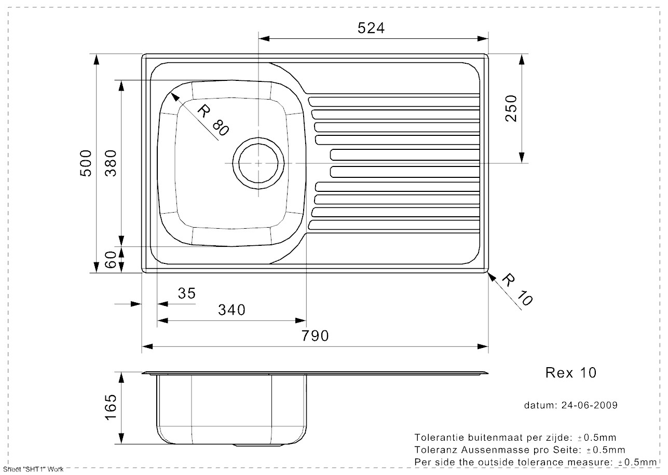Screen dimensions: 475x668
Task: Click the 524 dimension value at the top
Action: tap(371, 28)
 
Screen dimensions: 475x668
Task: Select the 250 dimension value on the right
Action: tap(511, 108)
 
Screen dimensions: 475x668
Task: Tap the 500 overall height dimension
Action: tap(86, 163)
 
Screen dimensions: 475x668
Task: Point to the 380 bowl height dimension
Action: tap(111, 163)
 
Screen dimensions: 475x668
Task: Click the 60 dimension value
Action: tap(111, 260)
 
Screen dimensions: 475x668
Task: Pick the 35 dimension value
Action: tap(186, 294)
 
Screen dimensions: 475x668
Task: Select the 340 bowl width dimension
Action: tap(231, 310)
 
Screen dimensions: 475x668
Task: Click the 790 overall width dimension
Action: tap(316, 336)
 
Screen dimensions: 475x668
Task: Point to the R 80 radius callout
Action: tap(213, 120)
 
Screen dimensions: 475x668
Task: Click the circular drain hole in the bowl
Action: tap(258, 163)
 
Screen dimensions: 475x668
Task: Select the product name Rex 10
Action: tap(571, 372)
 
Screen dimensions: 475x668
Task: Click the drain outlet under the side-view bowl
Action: tap(258, 445)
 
